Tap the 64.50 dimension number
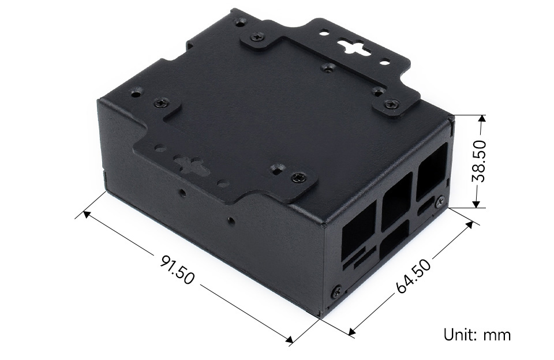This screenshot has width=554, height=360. (413, 276)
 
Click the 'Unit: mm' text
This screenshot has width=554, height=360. (477, 335)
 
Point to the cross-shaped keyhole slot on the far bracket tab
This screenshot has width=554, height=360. (350, 47)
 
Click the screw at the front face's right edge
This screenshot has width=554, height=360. (441, 201)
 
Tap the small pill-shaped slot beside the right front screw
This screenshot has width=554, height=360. (427, 206)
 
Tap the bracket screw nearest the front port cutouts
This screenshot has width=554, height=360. (297, 177)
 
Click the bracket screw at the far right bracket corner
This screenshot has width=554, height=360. (392, 105)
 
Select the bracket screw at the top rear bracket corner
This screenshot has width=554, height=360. (257, 37)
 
